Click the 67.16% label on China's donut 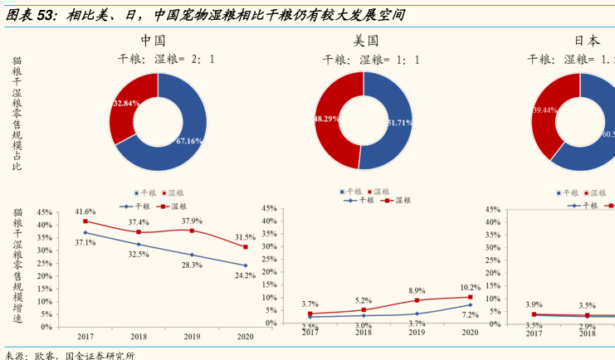(x=189, y=141)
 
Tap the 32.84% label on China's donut (x=125, y=104)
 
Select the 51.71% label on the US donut (x=398, y=123)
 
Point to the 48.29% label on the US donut (x=326, y=119)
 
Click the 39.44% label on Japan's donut (x=544, y=109)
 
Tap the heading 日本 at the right (x=587, y=40)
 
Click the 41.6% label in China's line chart (x=85, y=212)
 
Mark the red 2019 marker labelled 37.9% (x=192, y=230)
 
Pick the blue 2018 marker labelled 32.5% (x=139, y=244)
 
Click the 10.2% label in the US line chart (x=471, y=288)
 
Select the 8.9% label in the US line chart (x=417, y=291)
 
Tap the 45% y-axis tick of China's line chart (x=45, y=212)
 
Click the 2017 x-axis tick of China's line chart (x=85, y=335)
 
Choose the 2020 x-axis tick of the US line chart (x=470, y=332)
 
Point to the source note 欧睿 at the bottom (x=45, y=354)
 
